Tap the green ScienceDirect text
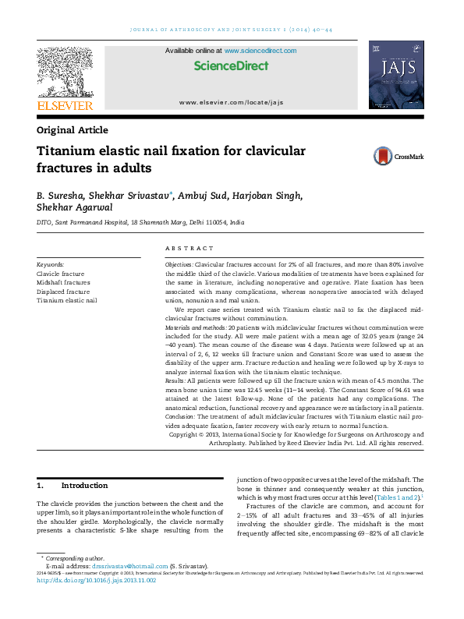231,66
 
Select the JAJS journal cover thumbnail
395,76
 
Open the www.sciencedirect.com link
260,51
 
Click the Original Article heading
73,130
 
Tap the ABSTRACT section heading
189,248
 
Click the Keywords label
51,265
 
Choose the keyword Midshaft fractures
63,282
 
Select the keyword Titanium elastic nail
67,300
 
